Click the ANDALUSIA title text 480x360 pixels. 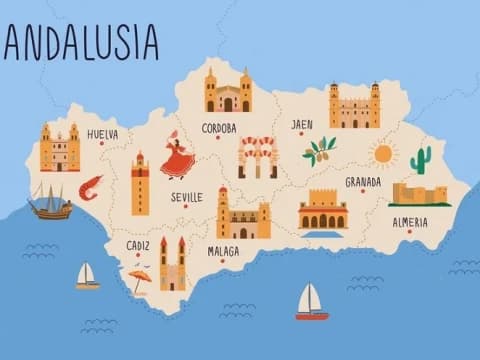[80, 42]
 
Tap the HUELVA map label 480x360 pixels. [102, 134]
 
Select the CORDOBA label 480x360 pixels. [219, 128]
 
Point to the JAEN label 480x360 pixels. [302, 125]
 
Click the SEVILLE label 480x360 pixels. [186, 197]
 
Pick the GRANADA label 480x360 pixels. [363, 182]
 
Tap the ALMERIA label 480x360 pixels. [410, 222]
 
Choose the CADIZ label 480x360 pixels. [138, 245]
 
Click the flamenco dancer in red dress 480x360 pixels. [177, 156]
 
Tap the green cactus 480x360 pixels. [421, 159]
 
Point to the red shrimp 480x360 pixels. [91, 186]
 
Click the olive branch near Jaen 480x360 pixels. [320, 150]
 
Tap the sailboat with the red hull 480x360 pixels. [311, 302]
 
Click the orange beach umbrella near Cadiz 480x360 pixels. [139, 279]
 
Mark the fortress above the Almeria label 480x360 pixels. [419, 194]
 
